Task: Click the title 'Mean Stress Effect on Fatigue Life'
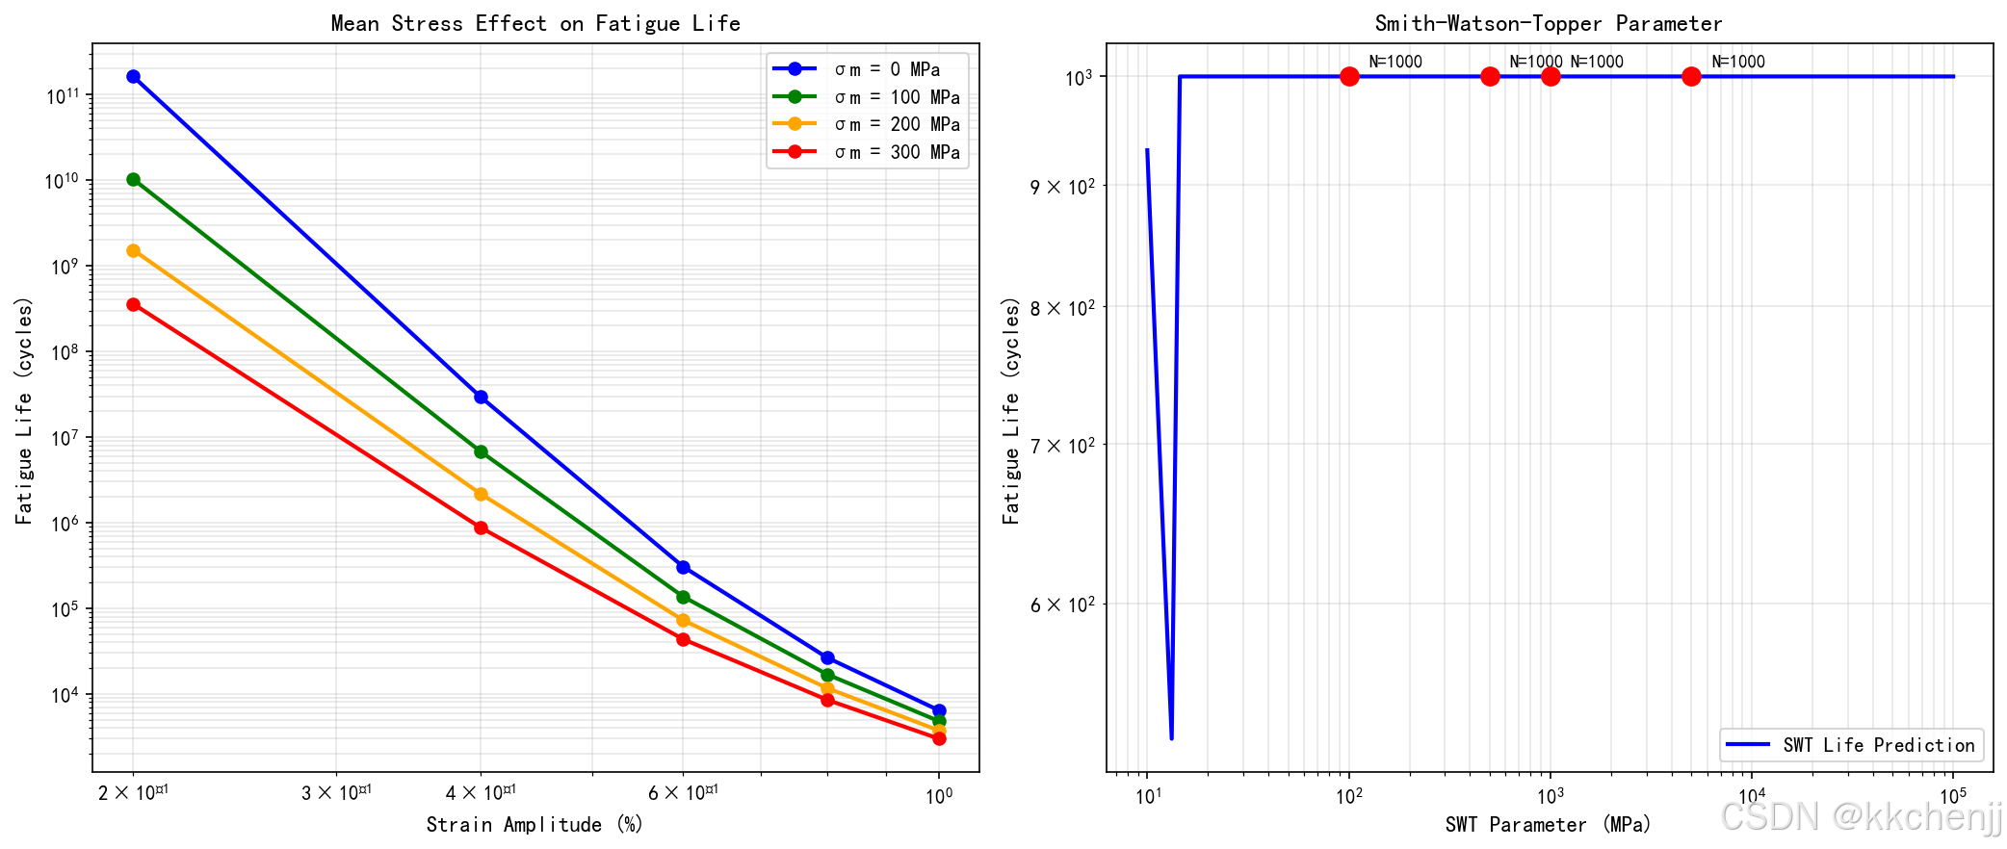pos(535,23)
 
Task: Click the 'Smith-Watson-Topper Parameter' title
pos(1548,23)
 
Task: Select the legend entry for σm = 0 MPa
pos(886,69)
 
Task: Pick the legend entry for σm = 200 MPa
pos(896,124)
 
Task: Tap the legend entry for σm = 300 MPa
pos(896,152)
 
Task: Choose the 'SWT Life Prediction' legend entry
pos(1878,745)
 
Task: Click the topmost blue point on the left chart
pos(133,76)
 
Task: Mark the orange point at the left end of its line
pos(133,250)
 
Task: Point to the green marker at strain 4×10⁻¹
pos(481,451)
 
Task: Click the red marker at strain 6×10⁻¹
pos(683,639)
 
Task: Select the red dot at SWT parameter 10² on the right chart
pos(1349,76)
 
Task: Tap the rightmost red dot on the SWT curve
pos(1691,76)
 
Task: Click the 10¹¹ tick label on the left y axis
pos(62,95)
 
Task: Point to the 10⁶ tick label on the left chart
pos(64,524)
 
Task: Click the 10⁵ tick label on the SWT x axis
pos(1952,796)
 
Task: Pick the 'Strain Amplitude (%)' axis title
pos(534,825)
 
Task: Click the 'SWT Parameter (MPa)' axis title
pos(1548,825)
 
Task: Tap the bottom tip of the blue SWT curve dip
pos(1171,738)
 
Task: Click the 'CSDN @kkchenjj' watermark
pos(1861,817)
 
